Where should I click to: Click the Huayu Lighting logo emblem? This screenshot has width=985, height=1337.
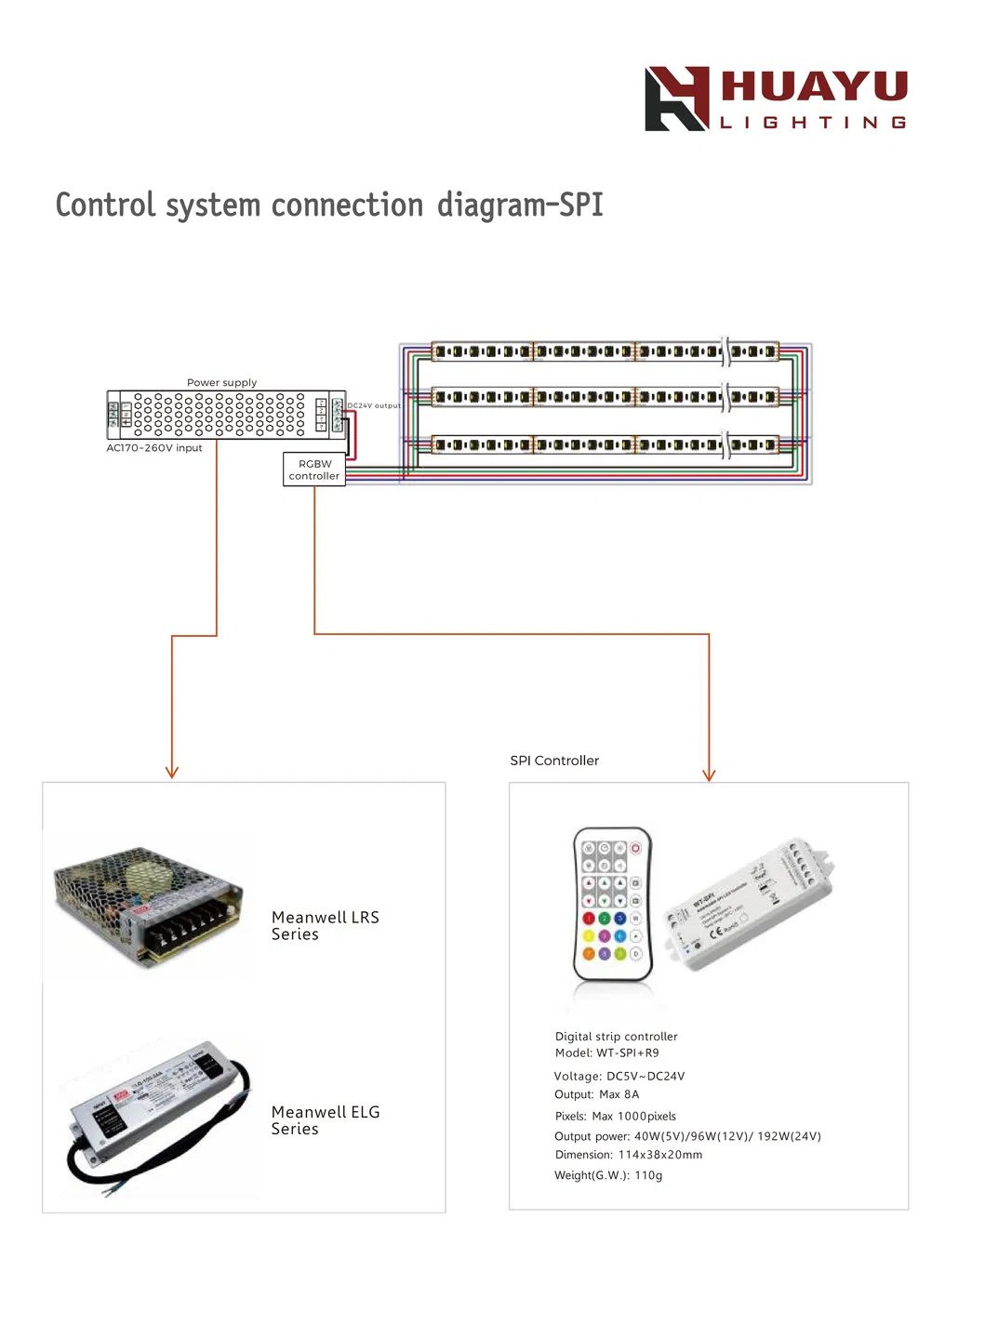point(676,99)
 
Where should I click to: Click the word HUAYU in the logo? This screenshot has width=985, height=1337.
point(814,86)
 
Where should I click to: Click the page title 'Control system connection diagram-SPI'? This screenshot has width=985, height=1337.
point(329,205)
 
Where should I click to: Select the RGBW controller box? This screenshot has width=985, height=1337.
point(314,470)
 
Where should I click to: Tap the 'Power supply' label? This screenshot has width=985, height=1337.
point(221,382)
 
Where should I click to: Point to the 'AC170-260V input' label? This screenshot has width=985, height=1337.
point(154,448)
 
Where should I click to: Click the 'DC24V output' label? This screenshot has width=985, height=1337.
point(374,405)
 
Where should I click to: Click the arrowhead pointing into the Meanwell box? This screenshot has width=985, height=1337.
point(172,772)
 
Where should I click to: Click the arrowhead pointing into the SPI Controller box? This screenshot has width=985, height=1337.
point(709,774)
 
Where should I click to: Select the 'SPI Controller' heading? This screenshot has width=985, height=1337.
point(554,761)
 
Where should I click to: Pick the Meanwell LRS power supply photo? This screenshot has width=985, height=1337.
point(149,906)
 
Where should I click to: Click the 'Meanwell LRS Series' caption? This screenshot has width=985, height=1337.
point(325,926)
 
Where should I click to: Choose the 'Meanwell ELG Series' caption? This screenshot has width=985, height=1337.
point(325,1120)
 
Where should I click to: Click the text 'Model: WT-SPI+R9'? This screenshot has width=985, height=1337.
point(606,1053)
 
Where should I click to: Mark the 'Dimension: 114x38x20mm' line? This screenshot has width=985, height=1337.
point(629,1155)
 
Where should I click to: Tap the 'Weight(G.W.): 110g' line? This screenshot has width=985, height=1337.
point(608,1175)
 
